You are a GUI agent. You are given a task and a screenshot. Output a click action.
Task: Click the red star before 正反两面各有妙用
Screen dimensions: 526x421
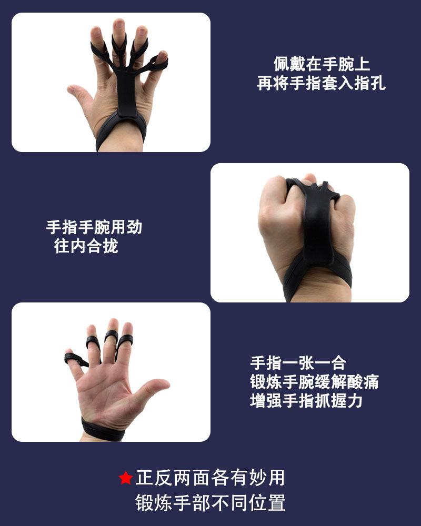click(x=125, y=478)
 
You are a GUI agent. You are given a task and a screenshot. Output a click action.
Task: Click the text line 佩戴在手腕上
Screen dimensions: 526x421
click(x=322, y=64)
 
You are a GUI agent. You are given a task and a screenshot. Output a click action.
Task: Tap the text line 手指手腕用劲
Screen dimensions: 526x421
click(x=94, y=227)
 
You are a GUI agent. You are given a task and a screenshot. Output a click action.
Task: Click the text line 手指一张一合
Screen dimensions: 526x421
click(x=298, y=363)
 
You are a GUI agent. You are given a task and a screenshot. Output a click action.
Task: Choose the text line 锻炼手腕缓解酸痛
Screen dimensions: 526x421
click(x=314, y=382)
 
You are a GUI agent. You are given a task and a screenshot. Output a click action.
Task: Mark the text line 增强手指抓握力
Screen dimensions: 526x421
click(x=306, y=401)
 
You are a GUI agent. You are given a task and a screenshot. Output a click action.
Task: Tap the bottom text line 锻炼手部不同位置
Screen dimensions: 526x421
click(x=210, y=502)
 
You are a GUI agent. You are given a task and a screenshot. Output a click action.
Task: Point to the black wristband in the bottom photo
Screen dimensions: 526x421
click(x=103, y=429)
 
